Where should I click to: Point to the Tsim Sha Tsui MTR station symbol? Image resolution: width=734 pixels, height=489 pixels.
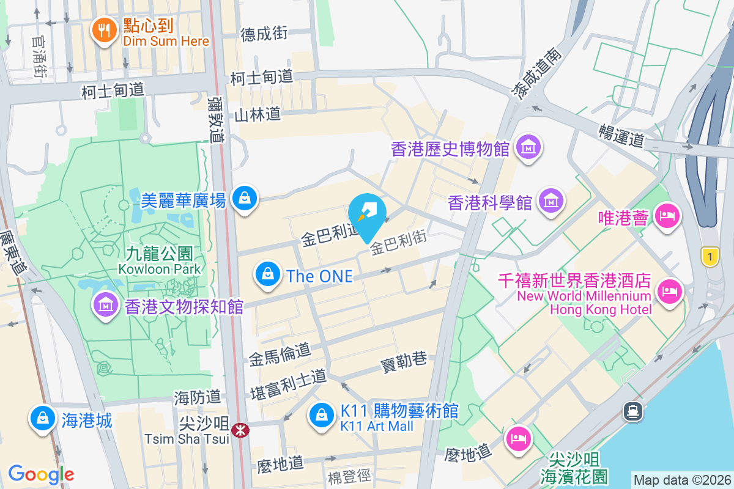(240, 430)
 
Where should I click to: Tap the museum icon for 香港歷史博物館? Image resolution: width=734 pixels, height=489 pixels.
(527, 147)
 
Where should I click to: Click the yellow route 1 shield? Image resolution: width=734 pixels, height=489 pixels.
(710, 257)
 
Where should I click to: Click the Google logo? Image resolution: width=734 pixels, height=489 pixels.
(41, 474)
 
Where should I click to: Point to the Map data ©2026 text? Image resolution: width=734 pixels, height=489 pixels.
(681, 480)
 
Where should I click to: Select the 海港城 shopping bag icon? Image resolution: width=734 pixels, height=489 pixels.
(42, 419)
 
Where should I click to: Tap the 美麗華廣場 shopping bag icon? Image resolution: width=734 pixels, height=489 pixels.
(245, 198)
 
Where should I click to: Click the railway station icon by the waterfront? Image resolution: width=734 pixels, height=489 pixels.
(632, 411)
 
